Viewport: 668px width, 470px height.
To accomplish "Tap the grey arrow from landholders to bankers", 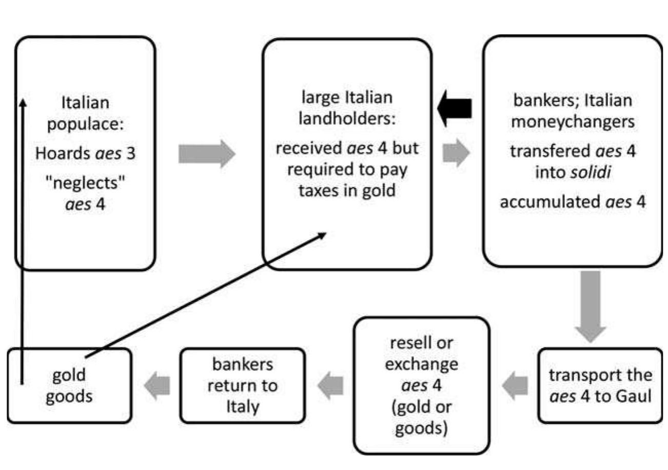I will click(x=456, y=153).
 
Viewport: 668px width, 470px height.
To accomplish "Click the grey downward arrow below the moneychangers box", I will click(x=590, y=306).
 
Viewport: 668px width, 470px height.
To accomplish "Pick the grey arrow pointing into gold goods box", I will click(x=156, y=386).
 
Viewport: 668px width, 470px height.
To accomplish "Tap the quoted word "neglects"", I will click(x=86, y=183).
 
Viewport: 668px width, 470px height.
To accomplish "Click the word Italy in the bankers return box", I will click(x=242, y=406).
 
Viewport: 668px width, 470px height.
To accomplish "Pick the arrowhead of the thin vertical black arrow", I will click(x=22, y=103).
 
